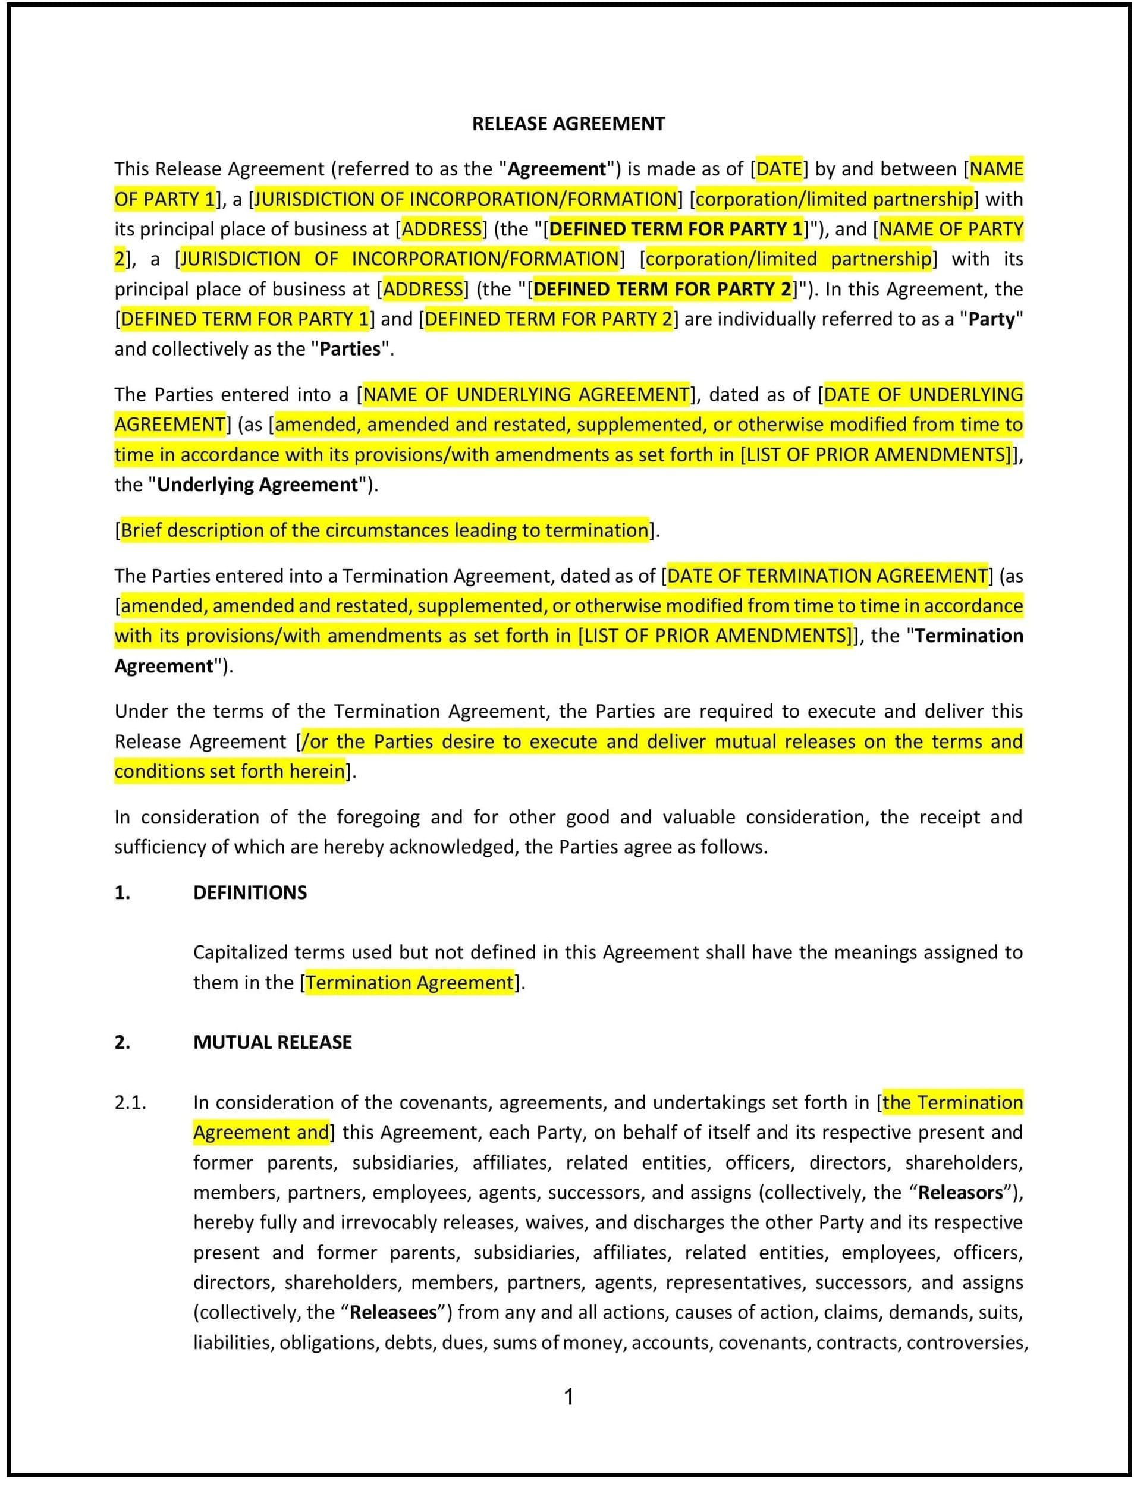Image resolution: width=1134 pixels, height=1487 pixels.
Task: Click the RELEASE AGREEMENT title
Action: click(568, 124)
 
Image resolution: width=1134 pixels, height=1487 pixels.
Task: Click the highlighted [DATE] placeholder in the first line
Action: click(779, 169)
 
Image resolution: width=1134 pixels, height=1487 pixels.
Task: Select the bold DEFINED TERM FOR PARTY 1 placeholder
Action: click(676, 229)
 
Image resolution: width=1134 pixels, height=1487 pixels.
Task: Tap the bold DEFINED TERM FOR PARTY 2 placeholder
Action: click(661, 289)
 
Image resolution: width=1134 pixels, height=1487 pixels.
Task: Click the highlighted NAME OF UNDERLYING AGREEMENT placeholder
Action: click(526, 394)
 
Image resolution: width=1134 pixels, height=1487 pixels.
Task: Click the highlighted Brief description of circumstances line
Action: click(385, 530)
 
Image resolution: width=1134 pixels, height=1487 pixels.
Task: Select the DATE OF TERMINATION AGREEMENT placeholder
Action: click(827, 576)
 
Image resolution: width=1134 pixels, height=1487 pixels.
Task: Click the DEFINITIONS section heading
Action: click(250, 892)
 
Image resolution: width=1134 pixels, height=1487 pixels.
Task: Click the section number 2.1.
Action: click(130, 1102)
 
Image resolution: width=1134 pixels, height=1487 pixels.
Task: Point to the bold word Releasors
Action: click(960, 1193)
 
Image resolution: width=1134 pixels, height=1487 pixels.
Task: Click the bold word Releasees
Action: click(393, 1313)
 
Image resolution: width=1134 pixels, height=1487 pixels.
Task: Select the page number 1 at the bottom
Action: click(568, 1397)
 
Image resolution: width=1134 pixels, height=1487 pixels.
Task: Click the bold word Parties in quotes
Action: click(350, 349)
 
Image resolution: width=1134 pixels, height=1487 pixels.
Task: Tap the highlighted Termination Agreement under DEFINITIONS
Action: click(410, 982)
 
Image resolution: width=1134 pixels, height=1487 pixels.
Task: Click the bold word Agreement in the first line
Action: click(556, 169)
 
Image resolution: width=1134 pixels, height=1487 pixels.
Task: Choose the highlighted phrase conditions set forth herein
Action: click(230, 771)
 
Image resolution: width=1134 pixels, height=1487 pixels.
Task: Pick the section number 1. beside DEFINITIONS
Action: click(122, 892)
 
